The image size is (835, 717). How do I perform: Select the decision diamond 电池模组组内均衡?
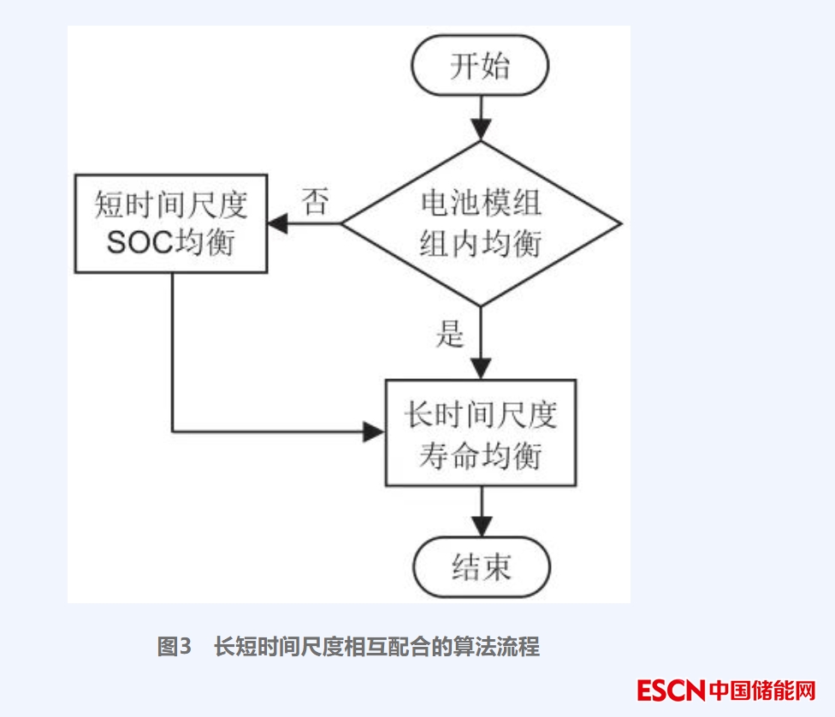click(x=481, y=224)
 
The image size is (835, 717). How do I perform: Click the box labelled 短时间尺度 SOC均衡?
click(x=171, y=224)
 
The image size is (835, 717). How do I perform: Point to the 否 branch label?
click(x=315, y=203)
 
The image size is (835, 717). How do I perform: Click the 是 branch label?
click(x=450, y=334)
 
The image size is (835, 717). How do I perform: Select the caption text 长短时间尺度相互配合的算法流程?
click(x=376, y=647)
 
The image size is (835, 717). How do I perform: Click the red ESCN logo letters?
click(x=671, y=690)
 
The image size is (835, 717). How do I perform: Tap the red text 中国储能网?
click(x=762, y=690)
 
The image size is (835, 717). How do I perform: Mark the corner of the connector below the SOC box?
click(x=173, y=431)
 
